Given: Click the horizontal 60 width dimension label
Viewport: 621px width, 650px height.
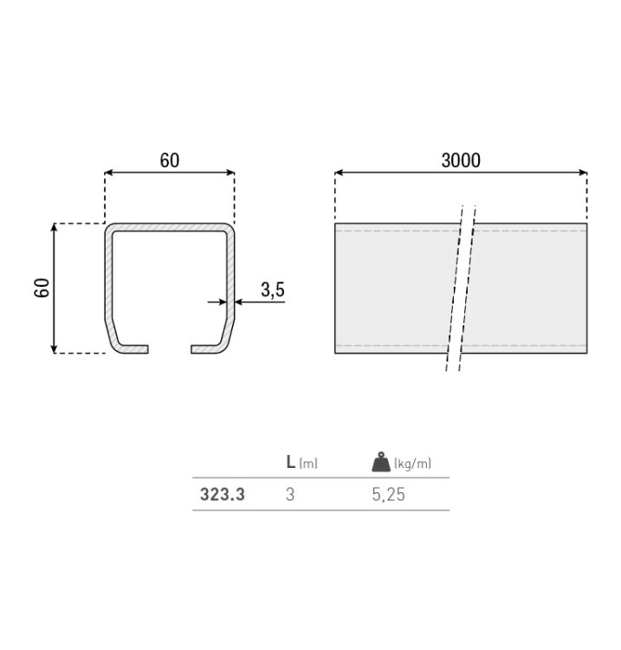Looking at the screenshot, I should pyautogui.click(x=170, y=160).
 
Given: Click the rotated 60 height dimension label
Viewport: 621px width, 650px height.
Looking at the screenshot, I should pyautogui.click(x=42, y=288).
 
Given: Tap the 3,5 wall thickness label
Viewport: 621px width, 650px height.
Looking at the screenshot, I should pyautogui.click(x=272, y=290).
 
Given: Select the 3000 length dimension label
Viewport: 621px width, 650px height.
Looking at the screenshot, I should pyautogui.click(x=461, y=160).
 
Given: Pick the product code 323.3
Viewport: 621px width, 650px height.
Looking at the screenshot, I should pyautogui.click(x=223, y=496).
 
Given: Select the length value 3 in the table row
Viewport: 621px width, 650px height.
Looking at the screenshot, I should pyautogui.click(x=290, y=496).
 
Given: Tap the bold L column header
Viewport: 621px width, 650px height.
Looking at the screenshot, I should pyautogui.click(x=291, y=463).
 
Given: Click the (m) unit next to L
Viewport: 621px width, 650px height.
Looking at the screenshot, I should pyautogui.click(x=308, y=464).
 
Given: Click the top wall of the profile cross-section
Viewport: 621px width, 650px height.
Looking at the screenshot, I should pyautogui.click(x=170, y=227).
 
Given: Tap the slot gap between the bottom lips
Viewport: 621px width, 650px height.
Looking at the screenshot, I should pyautogui.click(x=170, y=349).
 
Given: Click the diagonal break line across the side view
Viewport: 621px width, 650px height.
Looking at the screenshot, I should pyautogui.click(x=461, y=286).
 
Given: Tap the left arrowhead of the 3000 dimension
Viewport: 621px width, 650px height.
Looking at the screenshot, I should pyautogui.click(x=339, y=172).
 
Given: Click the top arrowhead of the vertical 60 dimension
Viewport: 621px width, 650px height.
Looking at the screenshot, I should pyautogui.click(x=55, y=227).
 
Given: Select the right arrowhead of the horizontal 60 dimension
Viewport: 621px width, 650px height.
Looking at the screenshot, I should pyautogui.click(x=230, y=172).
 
